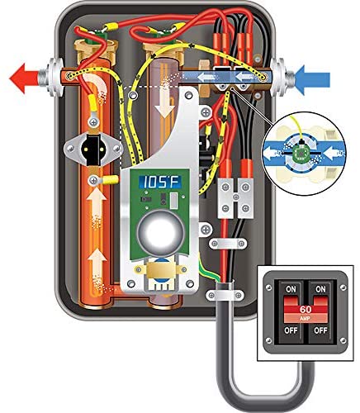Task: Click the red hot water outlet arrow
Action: click(23, 78)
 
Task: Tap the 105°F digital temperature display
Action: click(160, 182)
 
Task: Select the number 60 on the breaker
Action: click(306, 309)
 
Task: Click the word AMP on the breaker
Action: click(306, 319)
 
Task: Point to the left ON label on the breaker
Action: click(291, 289)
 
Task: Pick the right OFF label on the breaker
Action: click(320, 330)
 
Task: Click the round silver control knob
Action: click(160, 233)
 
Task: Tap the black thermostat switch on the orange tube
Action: click(93, 150)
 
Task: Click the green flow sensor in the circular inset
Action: click(301, 152)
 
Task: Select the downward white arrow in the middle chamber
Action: click(164, 103)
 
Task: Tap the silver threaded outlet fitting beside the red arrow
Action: click(51, 78)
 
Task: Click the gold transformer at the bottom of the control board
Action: click(159, 270)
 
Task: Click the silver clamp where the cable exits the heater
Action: click(225, 295)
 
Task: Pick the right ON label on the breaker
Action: click(320, 289)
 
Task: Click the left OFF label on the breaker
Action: click(291, 330)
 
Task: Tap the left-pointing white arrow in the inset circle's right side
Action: click(334, 152)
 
